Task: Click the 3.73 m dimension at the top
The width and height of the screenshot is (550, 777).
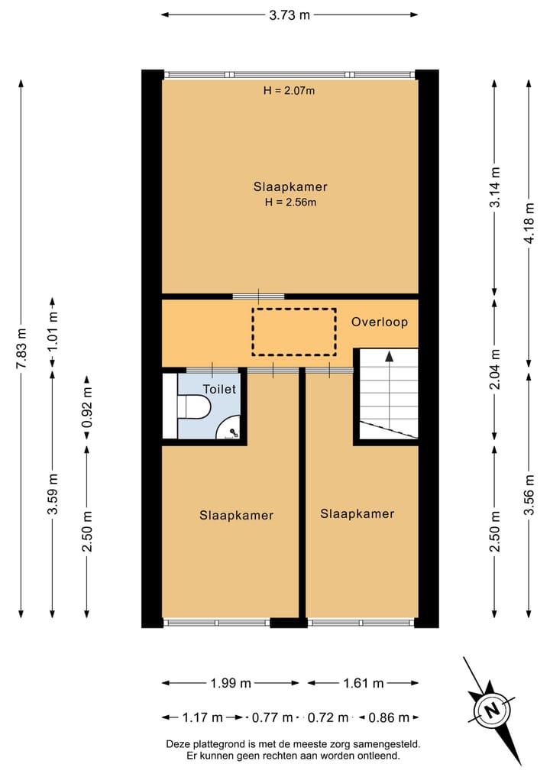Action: (290, 14)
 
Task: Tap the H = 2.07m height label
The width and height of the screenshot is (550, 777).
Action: (290, 90)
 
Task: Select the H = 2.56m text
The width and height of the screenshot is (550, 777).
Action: (290, 202)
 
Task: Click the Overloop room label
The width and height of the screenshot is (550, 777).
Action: (380, 322)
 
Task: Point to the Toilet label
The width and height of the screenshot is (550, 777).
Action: (220, 389)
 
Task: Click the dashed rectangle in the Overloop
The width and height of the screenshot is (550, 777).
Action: (294, 332)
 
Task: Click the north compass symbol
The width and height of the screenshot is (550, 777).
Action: (493, 709)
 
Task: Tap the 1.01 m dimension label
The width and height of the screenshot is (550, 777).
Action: (52, 333)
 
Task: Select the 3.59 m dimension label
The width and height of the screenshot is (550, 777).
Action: (52, 495)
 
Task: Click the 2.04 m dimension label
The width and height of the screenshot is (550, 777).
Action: (494, 369)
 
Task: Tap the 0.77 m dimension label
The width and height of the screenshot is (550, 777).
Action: (273, 717)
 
